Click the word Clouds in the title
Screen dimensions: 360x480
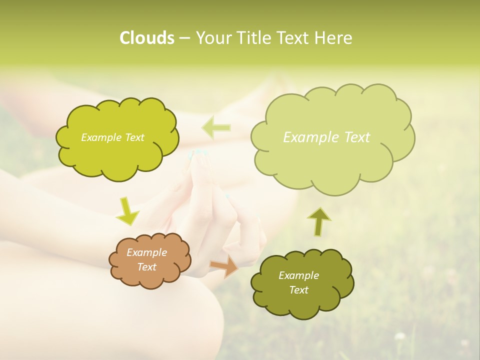pyautogui.click(x=146, y=38)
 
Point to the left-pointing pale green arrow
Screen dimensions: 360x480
pyautogui.click(x=216, y=128)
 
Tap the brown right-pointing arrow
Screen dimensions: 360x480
pyautogui.click(x=224, y=266)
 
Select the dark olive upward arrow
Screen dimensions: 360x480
pyautogui.click(x=318, y=221)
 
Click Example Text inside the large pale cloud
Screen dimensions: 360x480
pyautogui.click(x=326, y=137)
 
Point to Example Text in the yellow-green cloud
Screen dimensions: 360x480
pyautogui.click(x=112, y=137)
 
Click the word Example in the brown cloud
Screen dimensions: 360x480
pyautogui.click(x=146, y=252)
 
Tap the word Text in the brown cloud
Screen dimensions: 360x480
pyautogui.click(x=146, y=267)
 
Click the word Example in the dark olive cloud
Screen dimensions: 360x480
pyautogui.click(x=298, y=275)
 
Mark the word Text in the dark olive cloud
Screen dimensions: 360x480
pyautogui.click(x=298, y=290)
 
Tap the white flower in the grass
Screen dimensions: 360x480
pyautogui.click(x=399, y=336)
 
